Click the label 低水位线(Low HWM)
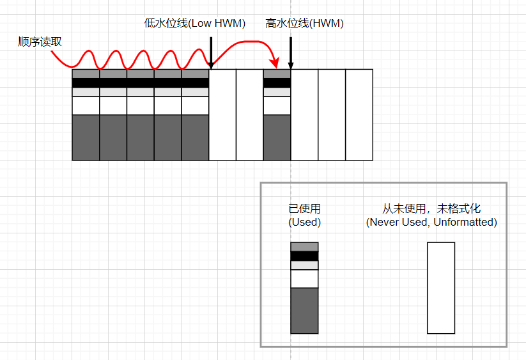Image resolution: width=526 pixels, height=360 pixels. [x=195, y=24]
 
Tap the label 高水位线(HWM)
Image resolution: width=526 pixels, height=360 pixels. [x=304, y=24]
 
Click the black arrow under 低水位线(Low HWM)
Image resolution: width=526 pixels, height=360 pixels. [x=210, y=52]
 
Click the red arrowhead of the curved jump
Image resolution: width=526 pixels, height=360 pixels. [x=275, y=63]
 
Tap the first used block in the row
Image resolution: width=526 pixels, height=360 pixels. [x=86, y=114]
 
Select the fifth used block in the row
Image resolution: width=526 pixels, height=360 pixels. [x=195, y=114]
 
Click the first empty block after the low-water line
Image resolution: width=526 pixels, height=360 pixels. [x=222, y=114]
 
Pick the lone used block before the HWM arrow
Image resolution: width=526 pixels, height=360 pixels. [x=277, y=114]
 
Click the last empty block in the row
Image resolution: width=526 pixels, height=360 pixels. [x=359, y=114]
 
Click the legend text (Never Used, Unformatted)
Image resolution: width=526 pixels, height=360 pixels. [x=431, y=223]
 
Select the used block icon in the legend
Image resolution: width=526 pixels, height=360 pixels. [x=304, y=288]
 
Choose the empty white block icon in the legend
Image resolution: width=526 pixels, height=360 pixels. [x=441, y=288]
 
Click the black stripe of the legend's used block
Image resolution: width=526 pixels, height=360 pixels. [x=304, y=256]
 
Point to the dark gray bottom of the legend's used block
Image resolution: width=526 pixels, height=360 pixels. [x=304, y=311]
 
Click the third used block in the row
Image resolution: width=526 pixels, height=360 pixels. [x=141, y=114]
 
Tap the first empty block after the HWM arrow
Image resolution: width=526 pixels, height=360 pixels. [x=304, y=114]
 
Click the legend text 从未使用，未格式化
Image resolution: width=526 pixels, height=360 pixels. [x=431, y=208]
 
